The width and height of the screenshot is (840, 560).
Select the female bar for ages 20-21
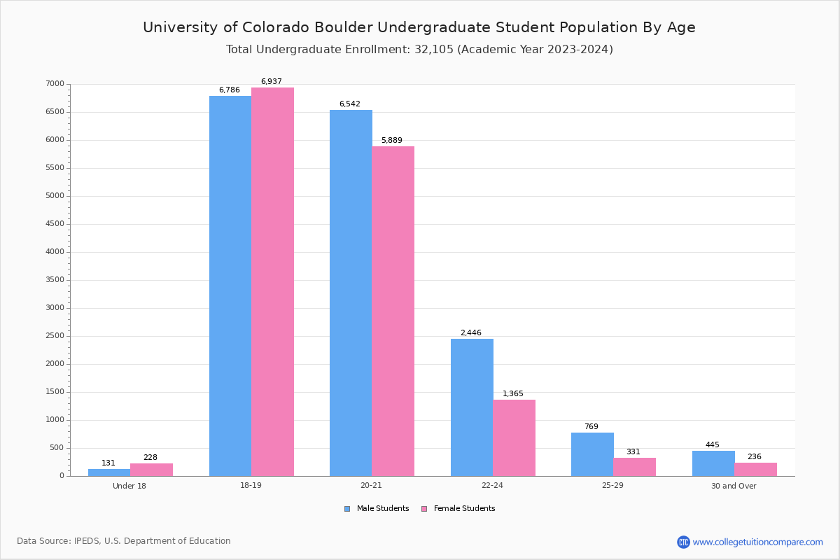coord(393,311)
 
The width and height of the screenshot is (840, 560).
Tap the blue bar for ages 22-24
coord(472,407)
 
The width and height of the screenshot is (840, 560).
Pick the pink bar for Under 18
coord(151,470)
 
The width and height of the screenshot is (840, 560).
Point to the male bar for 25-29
coord(592,454)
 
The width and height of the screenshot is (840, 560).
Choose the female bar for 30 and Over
coord(755,469)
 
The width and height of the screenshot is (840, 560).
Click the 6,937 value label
coord(272,82)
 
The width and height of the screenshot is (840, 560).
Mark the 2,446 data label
coord(471,333)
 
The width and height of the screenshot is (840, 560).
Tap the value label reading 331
coord(633,452)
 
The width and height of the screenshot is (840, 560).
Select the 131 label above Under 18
coord(108,463)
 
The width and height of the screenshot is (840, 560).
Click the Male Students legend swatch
coord(347,509)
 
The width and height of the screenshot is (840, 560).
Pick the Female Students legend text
coord(464,509)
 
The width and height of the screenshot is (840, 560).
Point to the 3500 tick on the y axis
coord(55,280)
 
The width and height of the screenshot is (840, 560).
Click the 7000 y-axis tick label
coord(55,84)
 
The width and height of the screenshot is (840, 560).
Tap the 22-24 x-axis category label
coord(492,486)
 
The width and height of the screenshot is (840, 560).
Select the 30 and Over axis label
coord(734,486)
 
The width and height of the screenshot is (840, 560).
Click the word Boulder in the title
coord(342,28)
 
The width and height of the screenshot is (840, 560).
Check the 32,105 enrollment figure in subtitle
coord(427,50)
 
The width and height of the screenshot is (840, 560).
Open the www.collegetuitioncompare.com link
coord(757,542)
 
